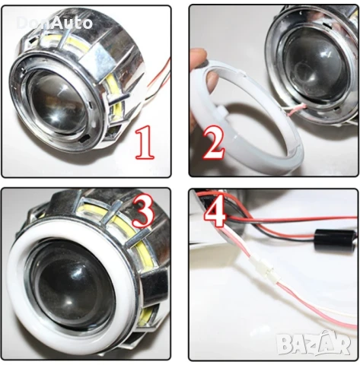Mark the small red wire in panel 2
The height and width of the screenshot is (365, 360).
tap(280, 113)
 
